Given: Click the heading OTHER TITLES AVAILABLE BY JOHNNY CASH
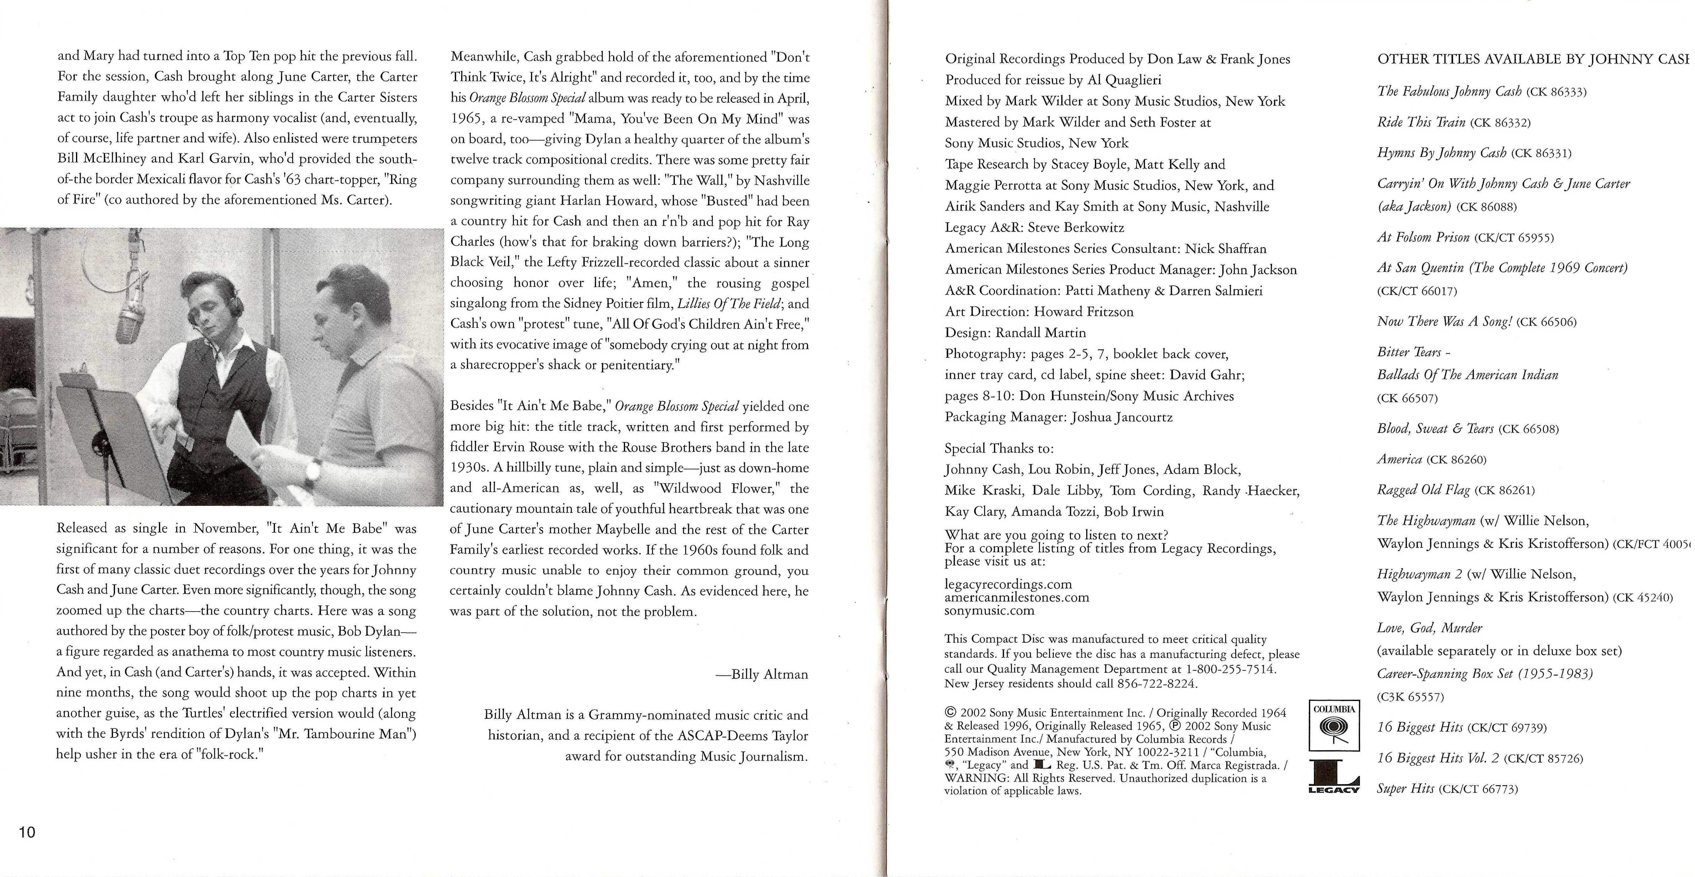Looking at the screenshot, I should click(1533, 59).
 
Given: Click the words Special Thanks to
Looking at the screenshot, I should click(999, 449).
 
